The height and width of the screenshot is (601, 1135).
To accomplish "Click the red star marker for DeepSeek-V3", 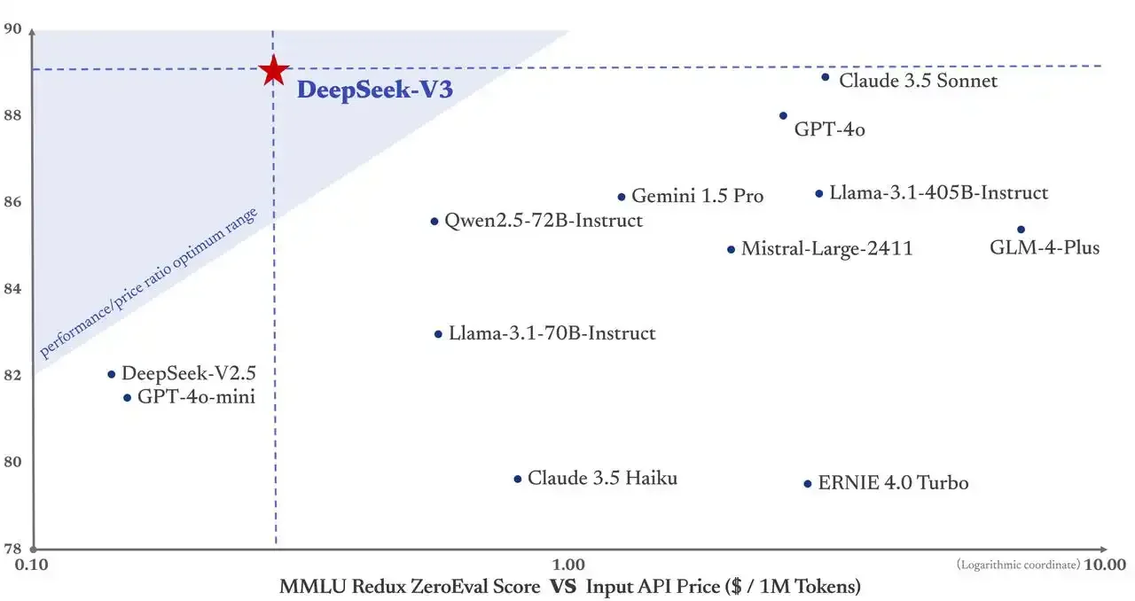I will pos(274,70).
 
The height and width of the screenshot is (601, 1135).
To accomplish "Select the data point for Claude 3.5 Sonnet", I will pos(825,77).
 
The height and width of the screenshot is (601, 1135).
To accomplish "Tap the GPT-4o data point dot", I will pos(783,116).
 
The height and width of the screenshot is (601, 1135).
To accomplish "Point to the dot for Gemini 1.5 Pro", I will pos(622,197).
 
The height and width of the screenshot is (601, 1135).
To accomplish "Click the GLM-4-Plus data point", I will pos(1021,230).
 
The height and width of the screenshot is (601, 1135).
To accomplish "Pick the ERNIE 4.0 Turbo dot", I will pos(807,484).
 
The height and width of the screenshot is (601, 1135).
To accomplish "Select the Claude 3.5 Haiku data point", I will pos(518,479).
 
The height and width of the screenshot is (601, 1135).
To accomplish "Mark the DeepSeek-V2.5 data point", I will pos(112,374).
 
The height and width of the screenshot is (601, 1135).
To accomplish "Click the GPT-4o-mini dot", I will pos(127,398).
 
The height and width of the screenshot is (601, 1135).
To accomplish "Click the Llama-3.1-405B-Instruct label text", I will pos(938,193).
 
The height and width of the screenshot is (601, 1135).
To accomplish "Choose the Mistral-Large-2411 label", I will pos(826,249).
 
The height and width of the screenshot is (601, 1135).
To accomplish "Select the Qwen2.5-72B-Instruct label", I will pos(543,221).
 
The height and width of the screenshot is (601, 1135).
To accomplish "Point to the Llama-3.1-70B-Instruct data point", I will pos(438,334).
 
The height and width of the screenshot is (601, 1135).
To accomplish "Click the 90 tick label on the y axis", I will pos(12,29).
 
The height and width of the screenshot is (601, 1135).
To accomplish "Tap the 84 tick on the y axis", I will pos(12,288).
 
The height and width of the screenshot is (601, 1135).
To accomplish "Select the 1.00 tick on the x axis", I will pos(568,565).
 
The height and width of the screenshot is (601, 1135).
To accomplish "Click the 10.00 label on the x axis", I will pos(1105,565).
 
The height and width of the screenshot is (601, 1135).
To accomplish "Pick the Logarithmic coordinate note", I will pos(1018,565).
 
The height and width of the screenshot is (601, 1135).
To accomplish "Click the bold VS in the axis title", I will pos(563,586).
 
